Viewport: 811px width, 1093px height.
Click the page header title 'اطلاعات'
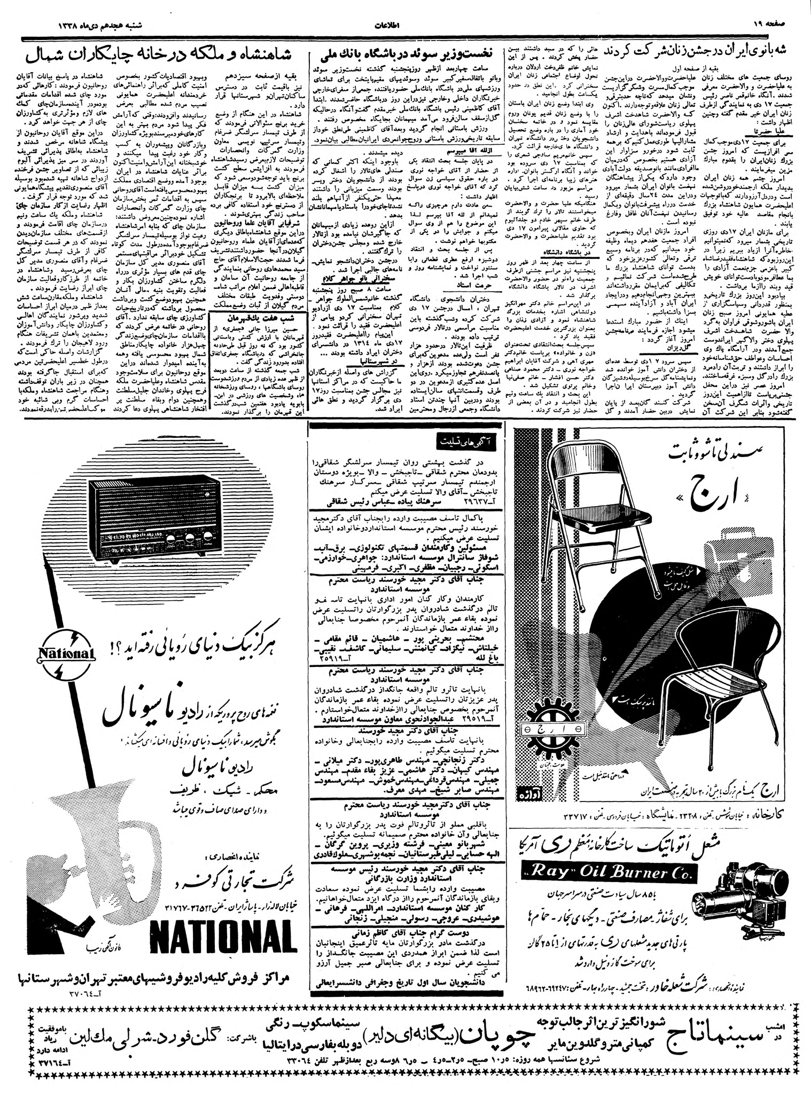[404, 25]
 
